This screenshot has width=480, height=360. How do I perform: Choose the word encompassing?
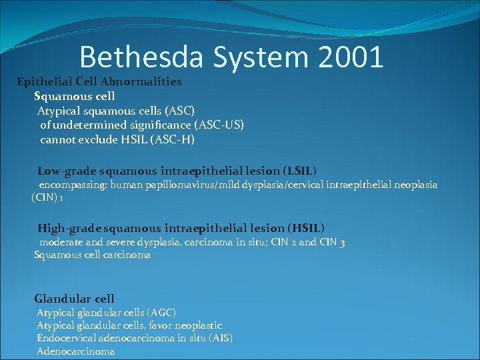tap(73, 185)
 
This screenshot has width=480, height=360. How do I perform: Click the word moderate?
tap(61, 242)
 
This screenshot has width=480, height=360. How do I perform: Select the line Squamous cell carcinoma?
tap(93, 255)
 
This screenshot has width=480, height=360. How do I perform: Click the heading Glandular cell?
tap(75, 299)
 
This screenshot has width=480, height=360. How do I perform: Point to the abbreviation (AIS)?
tap(220, 338)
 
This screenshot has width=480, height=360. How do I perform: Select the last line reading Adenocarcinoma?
tap(75, 351)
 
